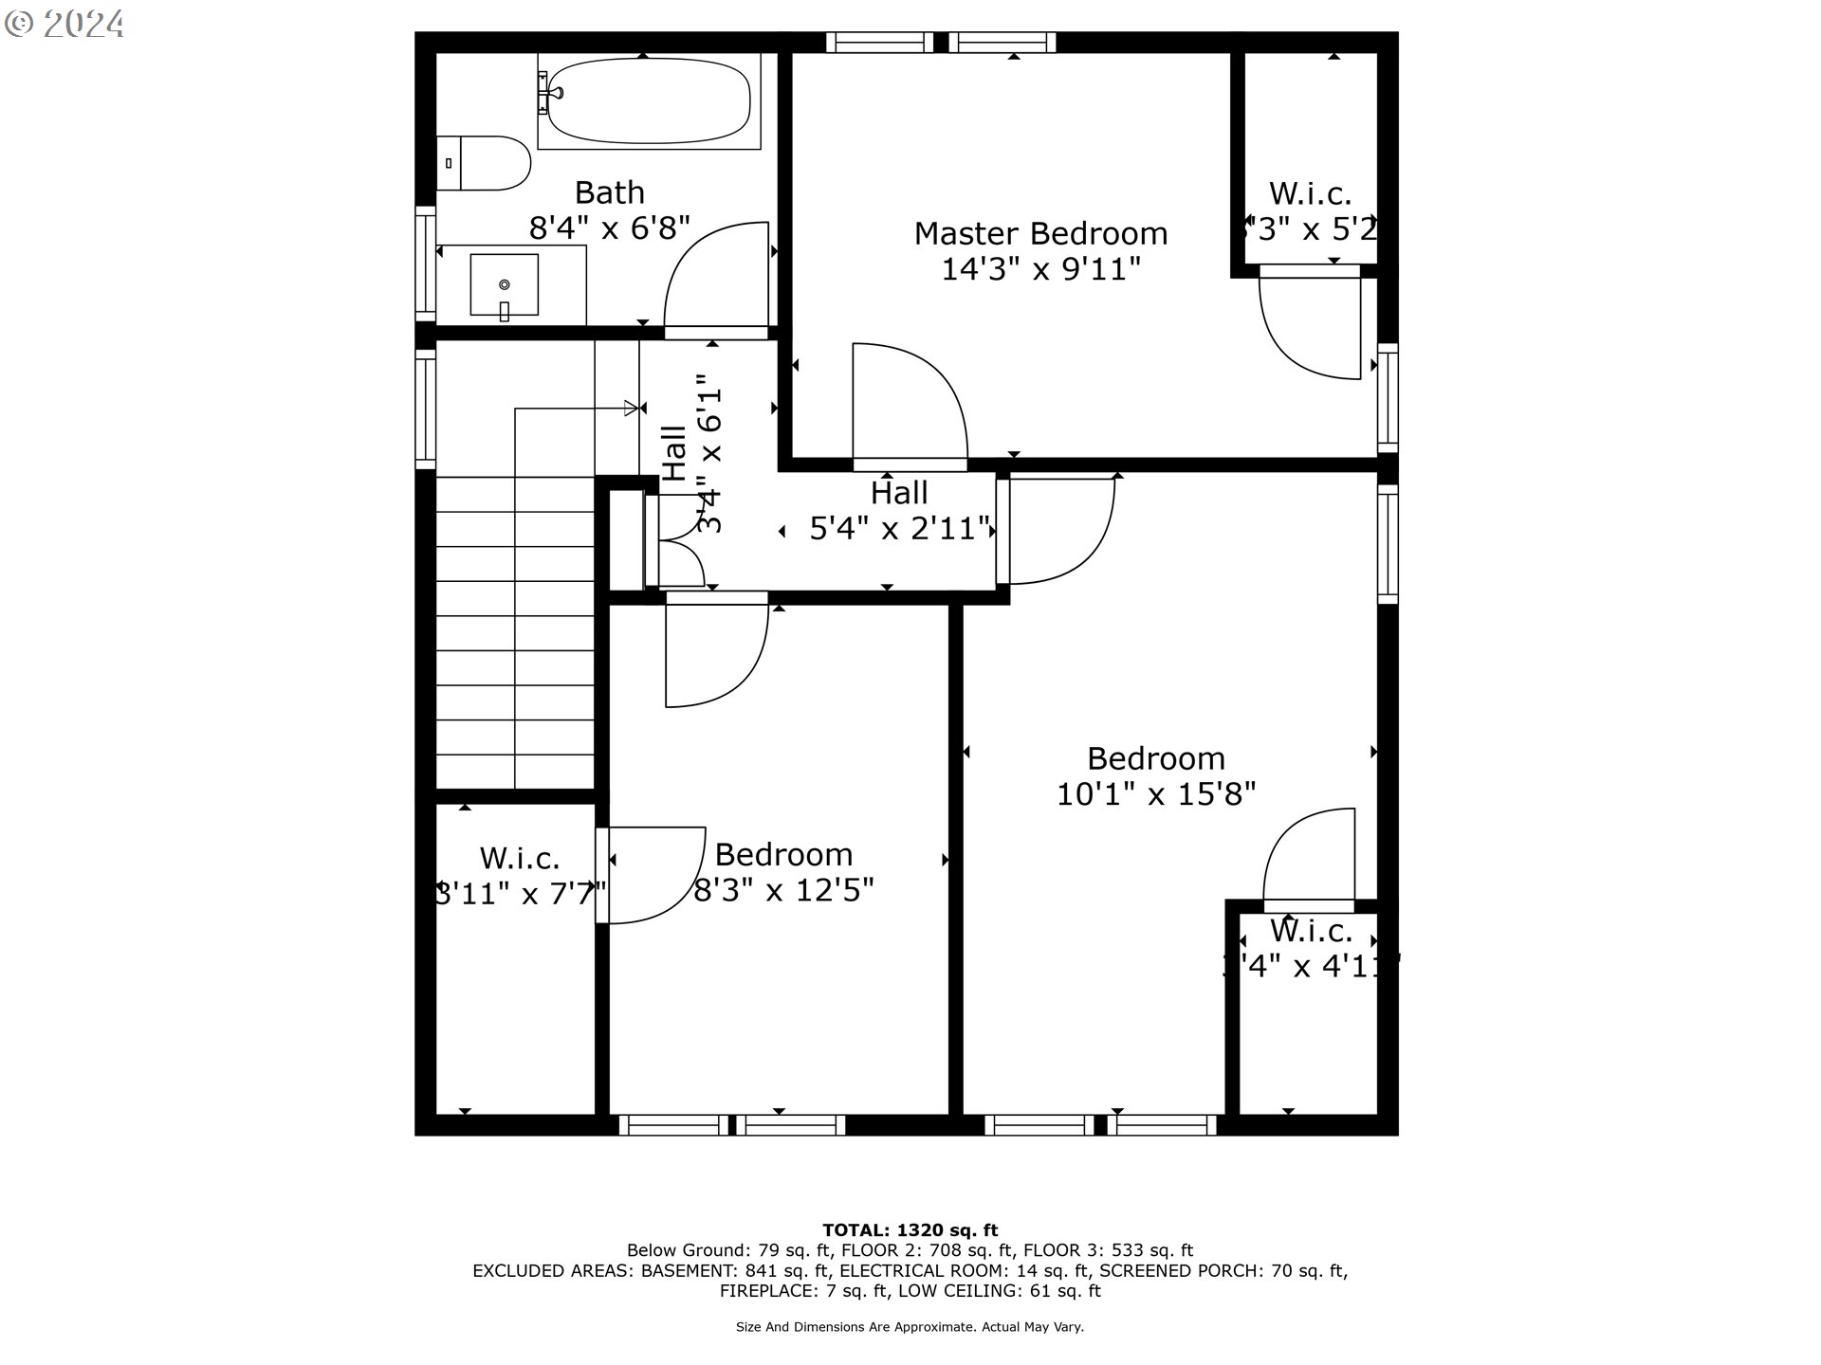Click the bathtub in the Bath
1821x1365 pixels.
click(649, 102)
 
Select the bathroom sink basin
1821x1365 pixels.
click(505, 284)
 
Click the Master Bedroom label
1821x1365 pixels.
click(1040, 233)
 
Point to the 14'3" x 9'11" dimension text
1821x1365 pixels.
click(1040, 269)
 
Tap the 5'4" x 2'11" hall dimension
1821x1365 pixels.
click(899, 528)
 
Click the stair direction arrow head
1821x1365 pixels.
click(631, 409)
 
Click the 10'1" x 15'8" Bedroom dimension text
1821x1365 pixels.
click(1155, 794)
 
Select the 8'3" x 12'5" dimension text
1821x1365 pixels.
click(783, 890)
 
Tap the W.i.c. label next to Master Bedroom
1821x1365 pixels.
click(1310, 194)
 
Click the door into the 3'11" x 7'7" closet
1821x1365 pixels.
click(654, 874)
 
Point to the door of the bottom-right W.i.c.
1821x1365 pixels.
click(1310, 858)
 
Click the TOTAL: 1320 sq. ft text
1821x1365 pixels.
click(910, 1230)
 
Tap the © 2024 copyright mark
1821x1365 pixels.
click(64, 24)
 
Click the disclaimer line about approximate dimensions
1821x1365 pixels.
click(910, 1327)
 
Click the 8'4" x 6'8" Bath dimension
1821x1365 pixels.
click(609, 228)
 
